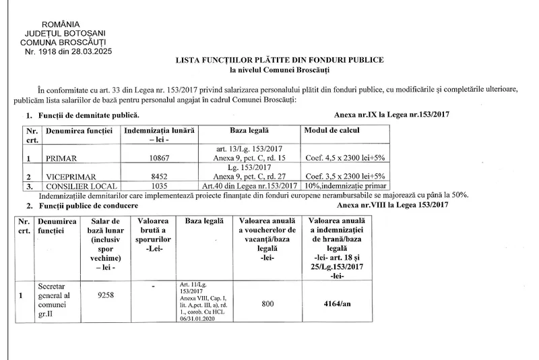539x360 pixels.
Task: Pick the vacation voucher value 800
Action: [x=267, y=304]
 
